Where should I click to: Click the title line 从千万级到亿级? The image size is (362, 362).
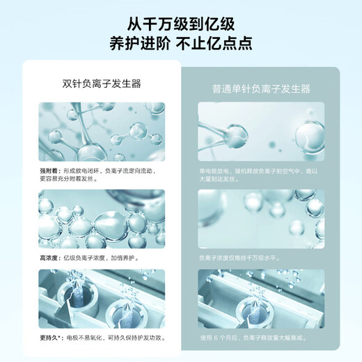tap(180, 19)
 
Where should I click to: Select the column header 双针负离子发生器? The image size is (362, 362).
tap(102, 84)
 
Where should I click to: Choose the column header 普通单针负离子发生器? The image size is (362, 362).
tap(261, 89)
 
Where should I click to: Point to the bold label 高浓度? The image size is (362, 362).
tap(49, 257)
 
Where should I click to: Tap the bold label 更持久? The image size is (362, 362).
tap(50, 338)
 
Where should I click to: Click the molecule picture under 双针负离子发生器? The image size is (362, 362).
tap(102, 132)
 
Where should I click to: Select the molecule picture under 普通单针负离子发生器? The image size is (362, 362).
tap(261, 132)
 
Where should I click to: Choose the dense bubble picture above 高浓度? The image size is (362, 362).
tap(102, 219)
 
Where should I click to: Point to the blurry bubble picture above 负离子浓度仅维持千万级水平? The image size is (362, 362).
tap(261, 219)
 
